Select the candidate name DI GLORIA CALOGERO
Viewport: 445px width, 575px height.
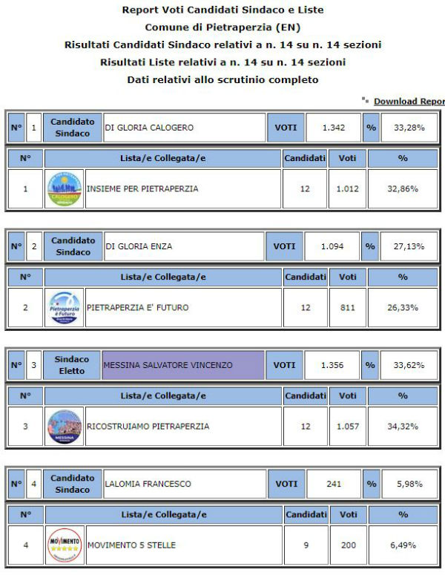click(149, 128)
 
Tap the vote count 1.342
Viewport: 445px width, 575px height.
click(334, 128)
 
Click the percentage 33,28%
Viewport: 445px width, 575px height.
click(409, 128)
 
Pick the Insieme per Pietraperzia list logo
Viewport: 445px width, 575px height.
click(65, 188)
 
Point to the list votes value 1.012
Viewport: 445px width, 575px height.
click(347, 188)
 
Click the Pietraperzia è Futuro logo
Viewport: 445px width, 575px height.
click(65, 307)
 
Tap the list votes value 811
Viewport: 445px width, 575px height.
click(347, 307)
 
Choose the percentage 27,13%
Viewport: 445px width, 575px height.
click(409, 246)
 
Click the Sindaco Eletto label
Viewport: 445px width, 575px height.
click(72, 365)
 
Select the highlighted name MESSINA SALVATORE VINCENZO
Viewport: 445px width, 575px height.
click(168, 365)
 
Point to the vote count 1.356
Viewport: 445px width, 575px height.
click(334, 365)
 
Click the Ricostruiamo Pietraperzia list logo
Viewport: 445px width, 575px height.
click(65, 426)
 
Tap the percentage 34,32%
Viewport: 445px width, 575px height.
click(403, 426)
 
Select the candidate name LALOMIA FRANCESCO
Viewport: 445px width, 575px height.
click(148, 484)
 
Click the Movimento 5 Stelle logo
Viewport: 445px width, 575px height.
click(65, 545)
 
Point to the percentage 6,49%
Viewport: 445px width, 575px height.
click(403, 545)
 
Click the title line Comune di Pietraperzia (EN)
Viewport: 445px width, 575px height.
click(222, 27)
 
